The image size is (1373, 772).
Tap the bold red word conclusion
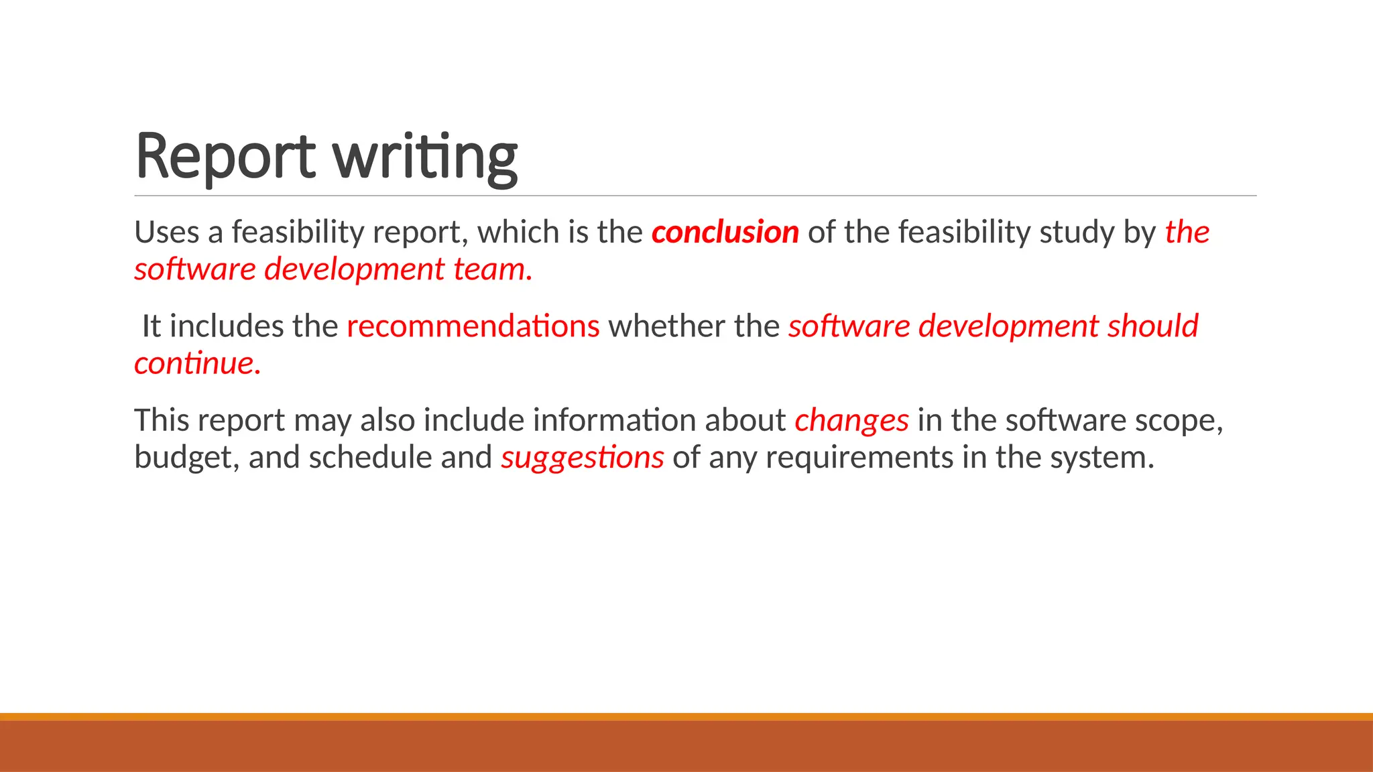pos(725,232)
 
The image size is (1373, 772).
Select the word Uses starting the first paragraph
pos(166,232)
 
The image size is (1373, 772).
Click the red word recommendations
pos(473,326)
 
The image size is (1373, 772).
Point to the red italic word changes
pos(851,421)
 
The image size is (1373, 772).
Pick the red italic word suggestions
pos(582,458)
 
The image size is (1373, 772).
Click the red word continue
pos(197,363)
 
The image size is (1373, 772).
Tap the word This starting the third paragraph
pos(162,421)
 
